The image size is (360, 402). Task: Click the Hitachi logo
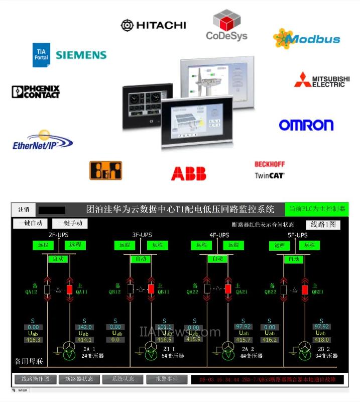point(153,25)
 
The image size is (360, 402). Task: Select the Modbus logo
point(307,39)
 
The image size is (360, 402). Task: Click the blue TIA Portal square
point(41,55)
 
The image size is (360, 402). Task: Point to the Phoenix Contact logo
point(36,91)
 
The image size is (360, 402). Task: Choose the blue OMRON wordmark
point(306,125)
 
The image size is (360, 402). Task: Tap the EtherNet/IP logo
point(42,141)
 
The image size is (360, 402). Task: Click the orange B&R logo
point(105,170)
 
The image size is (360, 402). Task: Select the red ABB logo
point(188,173)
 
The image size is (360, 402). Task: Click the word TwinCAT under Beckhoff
point(269,175)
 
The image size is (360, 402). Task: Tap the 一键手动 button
point(69,223)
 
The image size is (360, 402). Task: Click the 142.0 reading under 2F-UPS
point(84,327)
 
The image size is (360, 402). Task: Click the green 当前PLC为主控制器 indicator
point(316,209)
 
